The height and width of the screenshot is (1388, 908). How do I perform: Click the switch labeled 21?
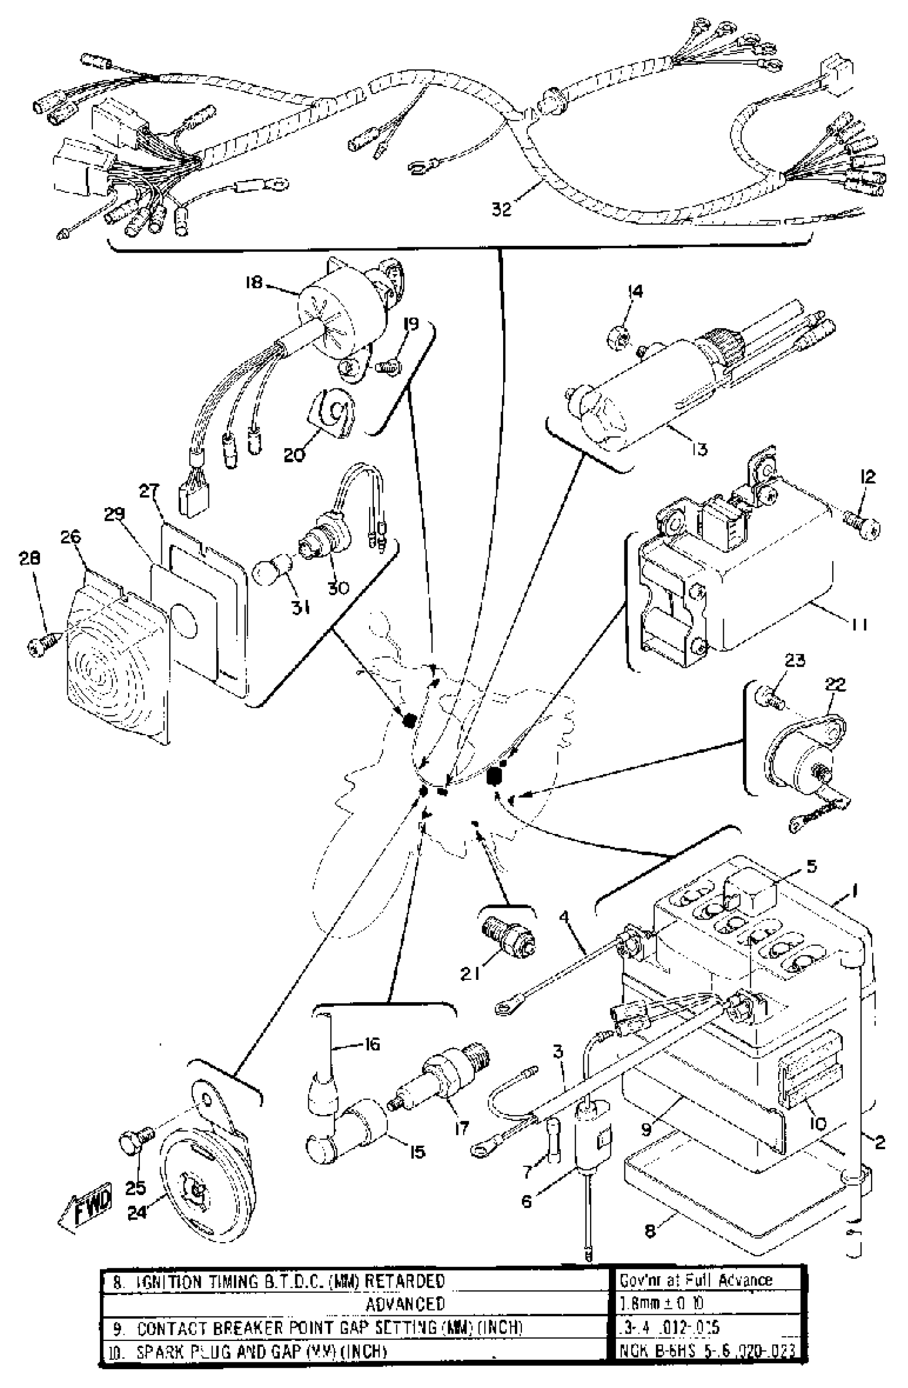(507, 930)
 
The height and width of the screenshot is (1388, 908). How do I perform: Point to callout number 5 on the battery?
(811, 867)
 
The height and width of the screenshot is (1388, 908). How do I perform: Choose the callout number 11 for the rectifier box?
(858, 625)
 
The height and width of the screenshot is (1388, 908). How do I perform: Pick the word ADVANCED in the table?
(405, 1304)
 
